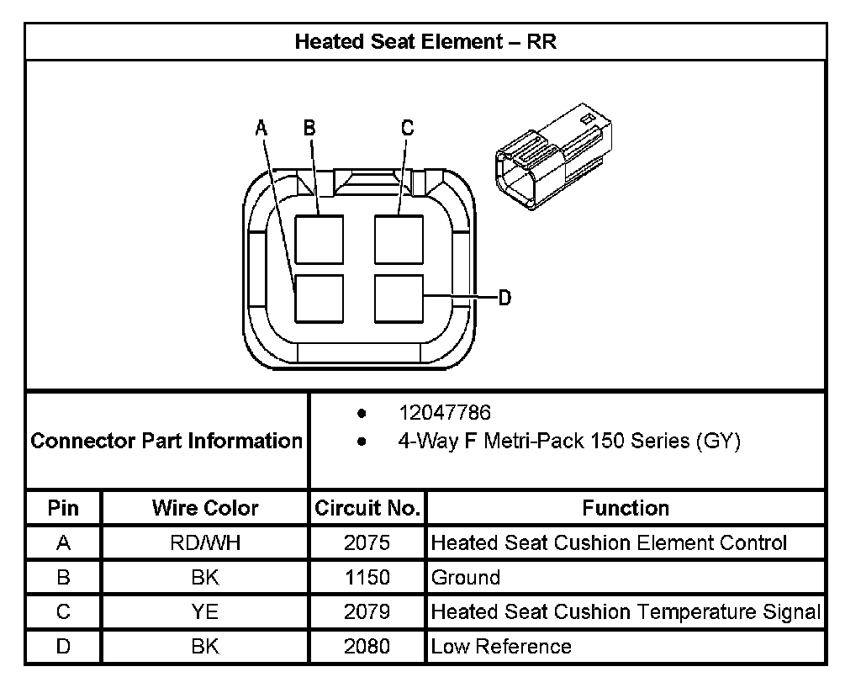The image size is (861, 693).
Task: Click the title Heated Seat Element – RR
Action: [x=425, y=42]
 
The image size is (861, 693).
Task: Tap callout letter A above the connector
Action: [x=261, y=128]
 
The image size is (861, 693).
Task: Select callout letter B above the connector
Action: [x=309, y=128]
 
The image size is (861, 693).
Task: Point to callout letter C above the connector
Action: [x=407, y=128]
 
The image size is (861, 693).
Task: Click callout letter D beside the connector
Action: [x=504, y=298]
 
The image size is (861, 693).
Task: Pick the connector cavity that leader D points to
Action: [x=399, y=298]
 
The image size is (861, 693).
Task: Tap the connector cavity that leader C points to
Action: [x=399, y=239]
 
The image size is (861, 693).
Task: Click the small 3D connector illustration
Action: [x=553, y=156]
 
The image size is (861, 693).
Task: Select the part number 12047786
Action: [x=444, y=413]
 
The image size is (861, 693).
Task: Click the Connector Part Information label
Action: [x=166, y=441]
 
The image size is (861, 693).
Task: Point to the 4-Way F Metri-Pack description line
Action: [x=568, y=441]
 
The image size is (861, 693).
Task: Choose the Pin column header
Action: [x=63, y=508]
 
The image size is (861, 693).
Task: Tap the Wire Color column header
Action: [x=205, y=508]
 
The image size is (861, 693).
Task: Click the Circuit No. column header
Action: [x=367, y=508]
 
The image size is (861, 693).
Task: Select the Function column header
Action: [x=626, y=508]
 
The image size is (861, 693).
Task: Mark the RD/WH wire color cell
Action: [x=205, y=542]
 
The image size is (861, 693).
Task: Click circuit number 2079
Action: [x=367, y=611]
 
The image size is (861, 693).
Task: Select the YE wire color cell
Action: [x=205, y=611]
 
